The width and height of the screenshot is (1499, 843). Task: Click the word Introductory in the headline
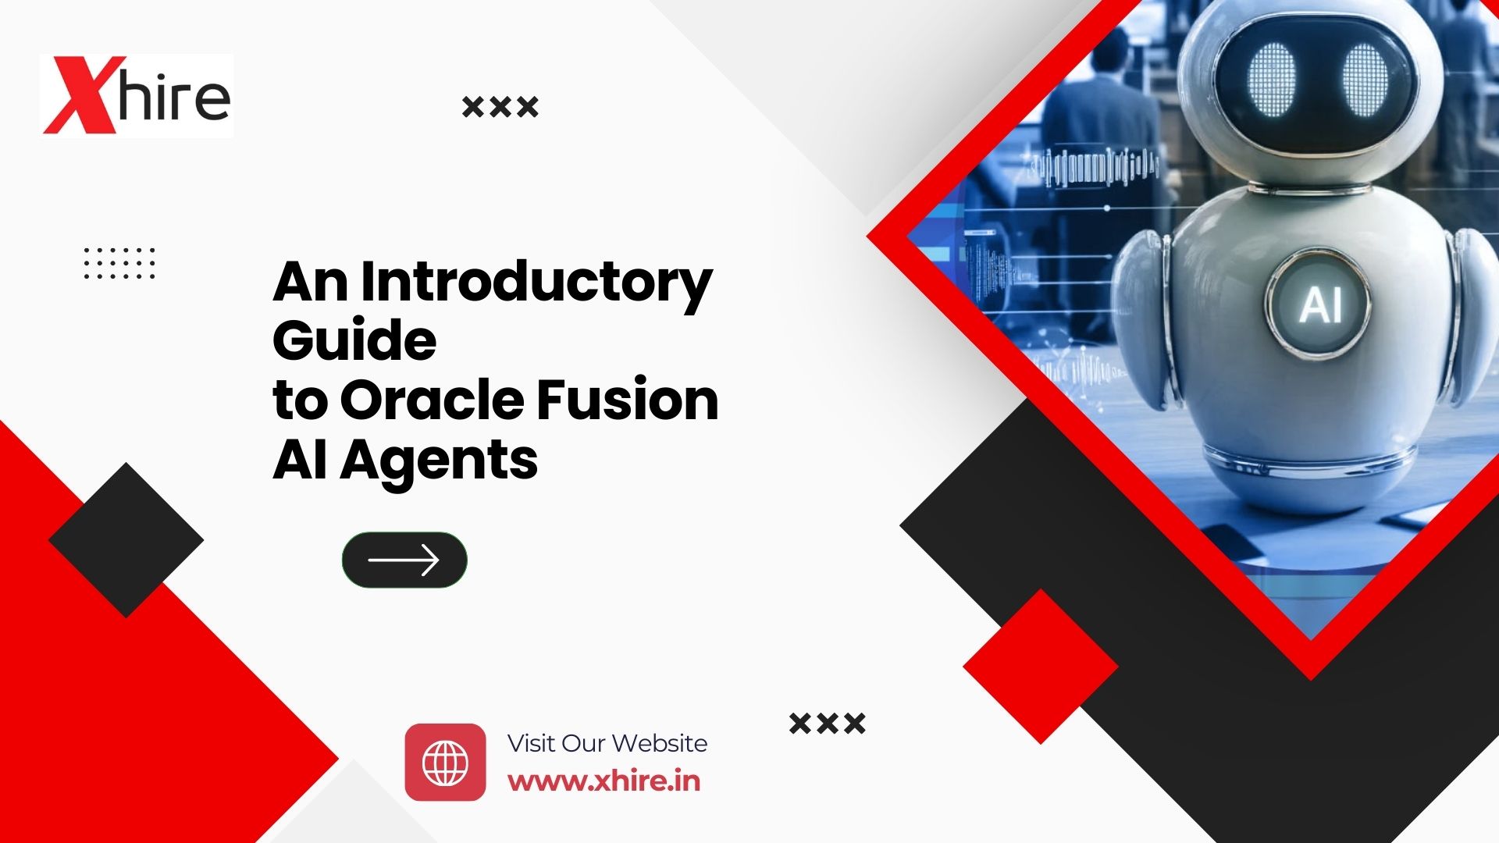(x=536, y=283)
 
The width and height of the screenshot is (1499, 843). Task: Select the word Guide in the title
(x=354, y=341)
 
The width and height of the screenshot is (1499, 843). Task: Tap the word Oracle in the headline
(x=431, y=400)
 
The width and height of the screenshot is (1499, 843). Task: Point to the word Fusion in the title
(x=627, y=400)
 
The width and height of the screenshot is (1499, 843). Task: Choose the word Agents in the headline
(x=438, y=461)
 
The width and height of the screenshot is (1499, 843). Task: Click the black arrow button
(x=404, y=560)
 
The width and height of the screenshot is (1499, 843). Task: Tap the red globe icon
(x=445, y=762)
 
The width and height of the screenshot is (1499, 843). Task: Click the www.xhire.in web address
(x=604, y=781)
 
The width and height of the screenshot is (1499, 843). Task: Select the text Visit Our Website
(x=607, y=743)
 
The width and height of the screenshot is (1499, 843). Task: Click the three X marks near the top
(x=500, y=106)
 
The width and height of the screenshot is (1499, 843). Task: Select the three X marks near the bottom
(x=827, y=723)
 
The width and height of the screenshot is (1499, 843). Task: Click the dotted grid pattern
(x=119, y=263)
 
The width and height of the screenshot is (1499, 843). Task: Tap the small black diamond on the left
(x=126, y=540)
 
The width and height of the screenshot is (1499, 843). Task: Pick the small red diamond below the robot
(x=1040, y=667)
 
